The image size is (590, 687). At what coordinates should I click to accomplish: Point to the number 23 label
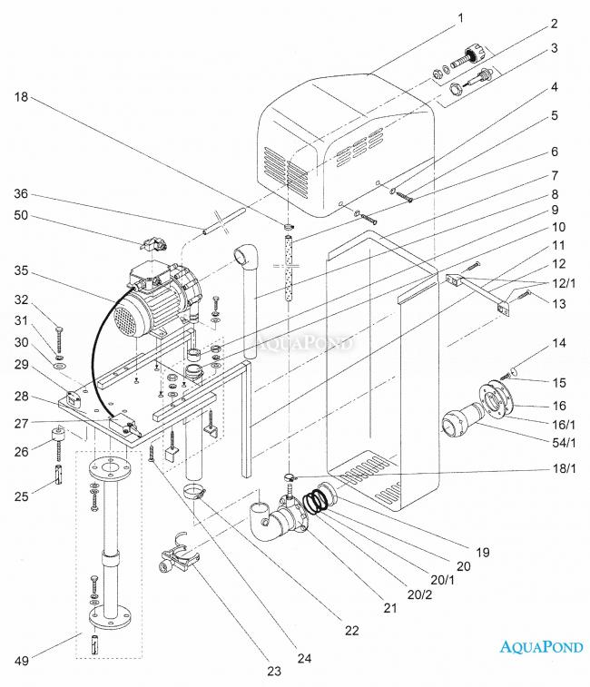273,672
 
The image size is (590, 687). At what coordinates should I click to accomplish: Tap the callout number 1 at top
460,18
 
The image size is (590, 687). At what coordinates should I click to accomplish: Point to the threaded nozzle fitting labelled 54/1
465,422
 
